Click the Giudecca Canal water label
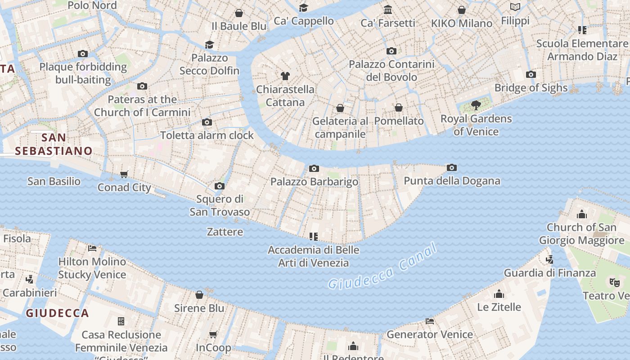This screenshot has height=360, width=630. point(382,266)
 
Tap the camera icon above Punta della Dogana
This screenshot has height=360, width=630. point(452,168)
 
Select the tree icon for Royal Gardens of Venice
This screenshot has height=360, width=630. point(476,106)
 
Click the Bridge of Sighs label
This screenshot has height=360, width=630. point(531,88)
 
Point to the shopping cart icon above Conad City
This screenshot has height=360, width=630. point(124,174)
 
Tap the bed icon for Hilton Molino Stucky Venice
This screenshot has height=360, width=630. point(92,248)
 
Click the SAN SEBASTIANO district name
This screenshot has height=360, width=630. point(54,144)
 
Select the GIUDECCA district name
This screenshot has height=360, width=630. point(57,313)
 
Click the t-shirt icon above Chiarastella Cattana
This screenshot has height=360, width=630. point(285,76)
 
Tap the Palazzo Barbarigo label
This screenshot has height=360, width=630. point(314,182)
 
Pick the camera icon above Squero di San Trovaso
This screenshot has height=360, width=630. point(220,186)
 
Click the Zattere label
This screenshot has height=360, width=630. point(225,232)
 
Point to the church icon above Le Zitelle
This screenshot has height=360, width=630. point(499,294)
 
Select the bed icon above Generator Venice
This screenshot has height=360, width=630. point(430,321)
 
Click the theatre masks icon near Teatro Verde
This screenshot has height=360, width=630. point(614,282)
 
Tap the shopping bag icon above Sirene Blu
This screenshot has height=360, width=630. point(199,295)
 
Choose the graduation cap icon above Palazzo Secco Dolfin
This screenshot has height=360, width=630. point(210,45)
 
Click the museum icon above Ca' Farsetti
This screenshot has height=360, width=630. point(388,9)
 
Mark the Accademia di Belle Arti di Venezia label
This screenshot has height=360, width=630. point(314,256)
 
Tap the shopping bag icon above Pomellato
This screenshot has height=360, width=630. point(399,108)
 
